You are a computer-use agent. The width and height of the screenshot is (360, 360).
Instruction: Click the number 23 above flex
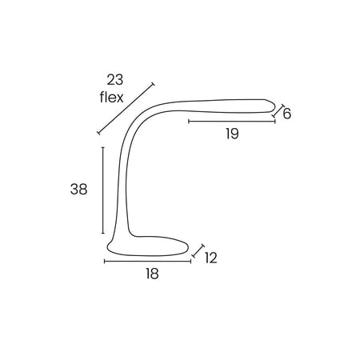click(x=115, y=80)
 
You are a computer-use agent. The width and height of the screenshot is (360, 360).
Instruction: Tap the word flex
click(x=112, y=97)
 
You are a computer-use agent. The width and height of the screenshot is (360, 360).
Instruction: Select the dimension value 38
click(x=78, y=190)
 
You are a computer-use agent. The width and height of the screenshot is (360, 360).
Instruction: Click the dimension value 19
click(x=232, y=134)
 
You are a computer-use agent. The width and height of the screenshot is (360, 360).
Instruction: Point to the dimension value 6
click(x=286, y=114)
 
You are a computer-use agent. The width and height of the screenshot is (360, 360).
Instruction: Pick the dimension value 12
click(x=211, y=258)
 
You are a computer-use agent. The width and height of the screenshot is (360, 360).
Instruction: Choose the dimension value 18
click(x=152, y=274)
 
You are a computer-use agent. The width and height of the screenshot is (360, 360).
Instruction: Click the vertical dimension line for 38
click(x=103, y=190)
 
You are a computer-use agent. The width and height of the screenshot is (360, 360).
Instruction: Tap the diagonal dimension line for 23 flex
click(x=126, y=109)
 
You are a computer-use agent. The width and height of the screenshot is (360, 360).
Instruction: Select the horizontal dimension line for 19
click(x=232, y=122)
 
